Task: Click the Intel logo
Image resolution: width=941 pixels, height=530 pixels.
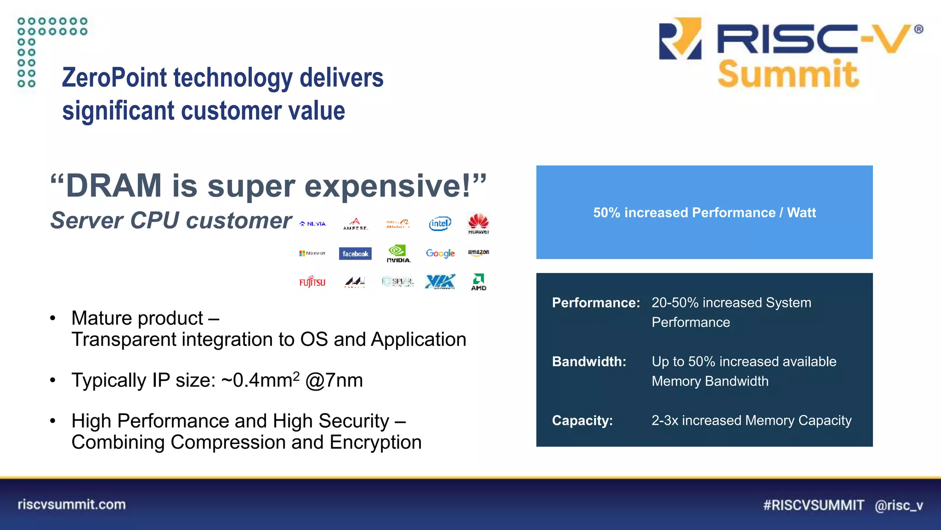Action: (440, 224)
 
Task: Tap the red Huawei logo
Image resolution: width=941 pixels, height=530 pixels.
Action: (478, 224)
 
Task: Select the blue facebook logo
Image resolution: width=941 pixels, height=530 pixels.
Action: (355, 253)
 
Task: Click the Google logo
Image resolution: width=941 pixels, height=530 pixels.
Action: (440, 253)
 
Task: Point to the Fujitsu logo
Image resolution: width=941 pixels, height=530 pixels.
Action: (312, 282)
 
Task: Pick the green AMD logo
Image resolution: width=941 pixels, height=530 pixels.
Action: (478, 282)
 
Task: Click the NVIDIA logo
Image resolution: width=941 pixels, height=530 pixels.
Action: (398, 253)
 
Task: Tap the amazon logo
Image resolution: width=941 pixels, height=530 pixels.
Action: (478, 252)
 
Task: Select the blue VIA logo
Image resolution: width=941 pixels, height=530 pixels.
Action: (440, 281)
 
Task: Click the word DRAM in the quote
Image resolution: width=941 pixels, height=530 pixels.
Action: (114, 186)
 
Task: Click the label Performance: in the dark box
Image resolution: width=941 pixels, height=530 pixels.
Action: (595, 303)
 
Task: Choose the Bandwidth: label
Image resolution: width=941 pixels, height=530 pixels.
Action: (589, 362)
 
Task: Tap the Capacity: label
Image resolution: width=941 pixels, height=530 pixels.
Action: (582, 421)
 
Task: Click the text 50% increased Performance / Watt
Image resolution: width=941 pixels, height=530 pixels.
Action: (704, 213)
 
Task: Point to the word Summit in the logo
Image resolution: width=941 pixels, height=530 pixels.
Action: (788, 74)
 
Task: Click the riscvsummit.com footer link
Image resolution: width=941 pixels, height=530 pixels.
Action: (72, 504)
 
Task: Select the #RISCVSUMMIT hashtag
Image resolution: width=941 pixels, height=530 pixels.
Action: (813, 505)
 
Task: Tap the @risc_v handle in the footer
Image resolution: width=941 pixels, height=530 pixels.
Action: (898, 505)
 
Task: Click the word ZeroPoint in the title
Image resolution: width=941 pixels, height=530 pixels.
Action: (113, 77)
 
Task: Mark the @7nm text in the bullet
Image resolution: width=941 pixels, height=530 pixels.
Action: (334, 380)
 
